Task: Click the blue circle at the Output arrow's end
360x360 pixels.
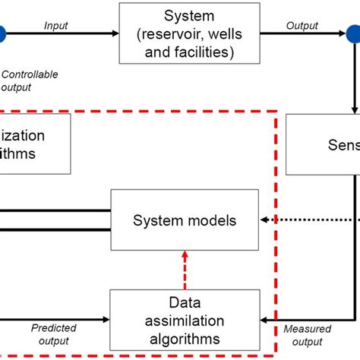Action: click(353, 33)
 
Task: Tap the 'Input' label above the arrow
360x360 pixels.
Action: click(55, 25)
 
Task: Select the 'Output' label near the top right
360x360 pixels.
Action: click(302, 25)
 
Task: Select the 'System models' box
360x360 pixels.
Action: click(185, 220)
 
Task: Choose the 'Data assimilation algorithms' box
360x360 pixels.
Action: click(185, 320)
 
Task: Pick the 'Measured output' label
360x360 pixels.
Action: click(307, 334)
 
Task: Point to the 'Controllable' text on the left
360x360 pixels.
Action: click(30, 74)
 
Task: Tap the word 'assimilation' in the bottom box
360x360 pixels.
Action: click(185, 320)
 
